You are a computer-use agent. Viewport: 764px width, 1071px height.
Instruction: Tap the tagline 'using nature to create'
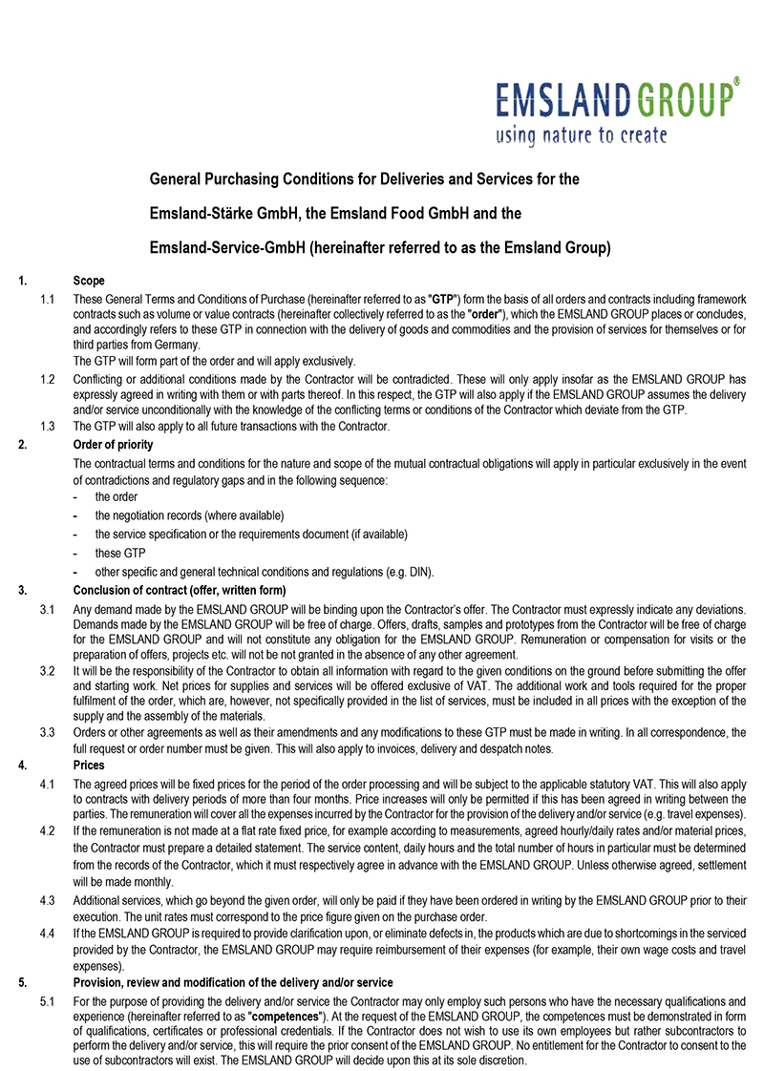[x=581, y=135]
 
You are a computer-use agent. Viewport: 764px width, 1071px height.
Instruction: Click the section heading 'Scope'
[x=89, y=281]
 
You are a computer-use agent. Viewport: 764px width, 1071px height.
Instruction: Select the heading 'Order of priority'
[x=113, y=444]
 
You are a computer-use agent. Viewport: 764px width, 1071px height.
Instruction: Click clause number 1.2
[x=47, y=379]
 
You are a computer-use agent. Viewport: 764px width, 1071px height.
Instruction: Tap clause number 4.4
[x=47, y=930]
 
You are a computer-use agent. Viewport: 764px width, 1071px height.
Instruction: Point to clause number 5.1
[x=47, y=1001]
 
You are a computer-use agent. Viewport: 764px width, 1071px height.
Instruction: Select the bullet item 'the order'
[x=117, y=497]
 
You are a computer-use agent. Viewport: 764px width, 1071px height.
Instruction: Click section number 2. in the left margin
[x=22, y=444]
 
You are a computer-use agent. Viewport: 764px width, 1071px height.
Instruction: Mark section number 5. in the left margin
[x=22, y=983]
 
